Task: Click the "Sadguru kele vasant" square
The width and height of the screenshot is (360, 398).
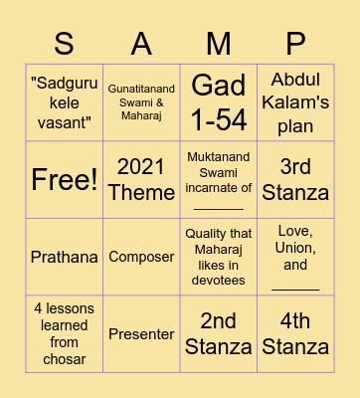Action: tap(64, 101)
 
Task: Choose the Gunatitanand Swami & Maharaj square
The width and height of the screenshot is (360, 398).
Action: tap(141, 101)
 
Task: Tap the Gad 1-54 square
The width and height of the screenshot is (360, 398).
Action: tap(219, 101)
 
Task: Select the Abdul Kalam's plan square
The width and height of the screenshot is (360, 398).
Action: tap(295, 101)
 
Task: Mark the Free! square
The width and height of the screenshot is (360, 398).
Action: tap(64, 179)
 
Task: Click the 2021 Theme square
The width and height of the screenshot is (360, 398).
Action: tap(141, 179)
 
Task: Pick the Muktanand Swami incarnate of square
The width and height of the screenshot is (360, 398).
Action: tap(219, 179)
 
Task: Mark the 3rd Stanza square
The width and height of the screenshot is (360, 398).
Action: tap(295, 179)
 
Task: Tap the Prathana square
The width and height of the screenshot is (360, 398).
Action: tap(64, 257)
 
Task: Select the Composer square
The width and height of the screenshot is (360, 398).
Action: tap(141, 257)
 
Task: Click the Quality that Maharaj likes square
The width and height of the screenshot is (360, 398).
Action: tap(219, 257)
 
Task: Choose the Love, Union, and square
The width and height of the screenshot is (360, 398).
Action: tap(295, 257)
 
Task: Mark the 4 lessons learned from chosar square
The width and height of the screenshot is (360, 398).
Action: tap(64, 334)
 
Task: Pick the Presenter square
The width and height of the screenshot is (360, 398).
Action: tap(141, 334)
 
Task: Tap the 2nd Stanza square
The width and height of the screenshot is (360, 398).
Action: tap(219, 334)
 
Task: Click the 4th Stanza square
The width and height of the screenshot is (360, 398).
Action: tap(295, 334)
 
